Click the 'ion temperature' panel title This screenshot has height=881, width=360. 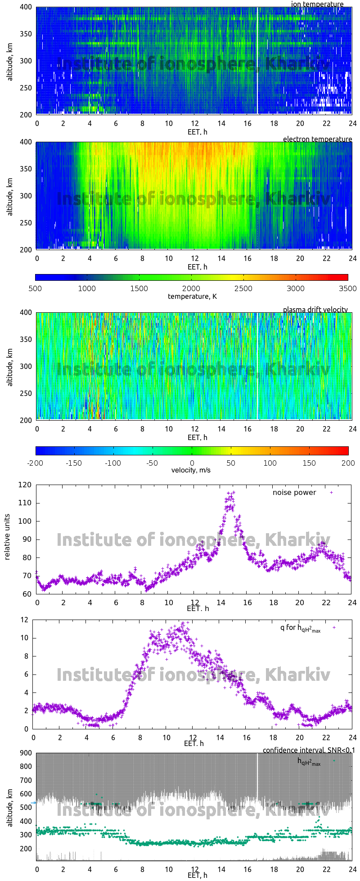click(317, 4)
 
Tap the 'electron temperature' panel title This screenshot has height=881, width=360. click(317, 139)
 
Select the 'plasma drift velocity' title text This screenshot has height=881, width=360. click(315, 310)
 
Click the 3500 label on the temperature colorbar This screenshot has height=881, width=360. click(347, 288)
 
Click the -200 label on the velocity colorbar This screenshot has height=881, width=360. click(35, 463)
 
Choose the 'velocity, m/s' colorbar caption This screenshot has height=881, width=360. click(191, 470)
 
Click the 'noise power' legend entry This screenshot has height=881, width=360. click(294, 492)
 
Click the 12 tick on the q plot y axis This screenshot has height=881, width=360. click(24, 620)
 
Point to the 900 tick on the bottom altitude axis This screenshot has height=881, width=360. click(26, 753)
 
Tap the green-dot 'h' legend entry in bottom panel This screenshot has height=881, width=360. click(309, 761)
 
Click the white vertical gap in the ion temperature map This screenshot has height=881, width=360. click(257, 61)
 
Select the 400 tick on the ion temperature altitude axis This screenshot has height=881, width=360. click(26, 7)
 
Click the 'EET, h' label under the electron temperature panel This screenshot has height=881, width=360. click(197, 267)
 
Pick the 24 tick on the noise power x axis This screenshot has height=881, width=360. click(352, 602)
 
